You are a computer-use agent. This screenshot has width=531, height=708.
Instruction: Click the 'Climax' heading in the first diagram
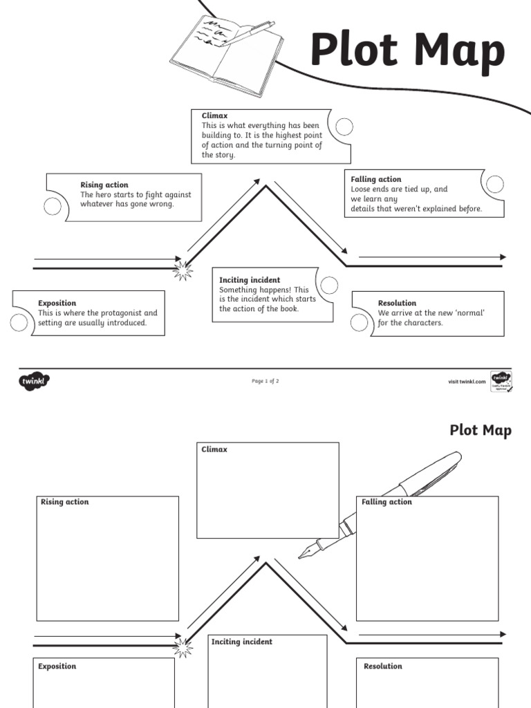click(x=214, y=115)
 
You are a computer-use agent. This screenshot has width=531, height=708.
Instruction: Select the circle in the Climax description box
click(x=344, y=127)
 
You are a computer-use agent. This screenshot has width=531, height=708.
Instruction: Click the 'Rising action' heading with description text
click(x=104, y=185)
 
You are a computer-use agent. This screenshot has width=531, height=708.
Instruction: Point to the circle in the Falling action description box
click(x=494, y=183)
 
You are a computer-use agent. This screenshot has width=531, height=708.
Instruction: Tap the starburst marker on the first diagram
click(x=183, y=270)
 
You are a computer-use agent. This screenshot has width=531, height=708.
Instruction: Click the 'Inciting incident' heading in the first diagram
click(x=250, y=280)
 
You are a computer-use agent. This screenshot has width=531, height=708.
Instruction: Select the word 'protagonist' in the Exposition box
click(x=122, y=313)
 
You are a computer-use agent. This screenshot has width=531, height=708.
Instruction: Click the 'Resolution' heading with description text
click(x=397, y=303)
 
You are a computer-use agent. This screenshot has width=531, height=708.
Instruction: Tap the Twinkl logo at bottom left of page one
click(x=35, y=380)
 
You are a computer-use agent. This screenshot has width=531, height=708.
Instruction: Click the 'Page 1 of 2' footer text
click(x=265, y=381)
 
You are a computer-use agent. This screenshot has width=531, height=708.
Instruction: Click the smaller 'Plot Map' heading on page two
click(x=481, y=431)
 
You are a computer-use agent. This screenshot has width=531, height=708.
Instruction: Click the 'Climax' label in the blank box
click(x=214, y=449)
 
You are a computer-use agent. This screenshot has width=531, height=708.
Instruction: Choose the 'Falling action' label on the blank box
click(x=386, y=502)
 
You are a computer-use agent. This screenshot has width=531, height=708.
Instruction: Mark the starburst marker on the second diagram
click(x=183, y=647)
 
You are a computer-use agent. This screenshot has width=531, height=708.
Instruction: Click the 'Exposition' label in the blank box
click(x=57, y=667)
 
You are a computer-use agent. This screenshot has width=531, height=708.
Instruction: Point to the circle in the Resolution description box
click(x=359, y=322)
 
